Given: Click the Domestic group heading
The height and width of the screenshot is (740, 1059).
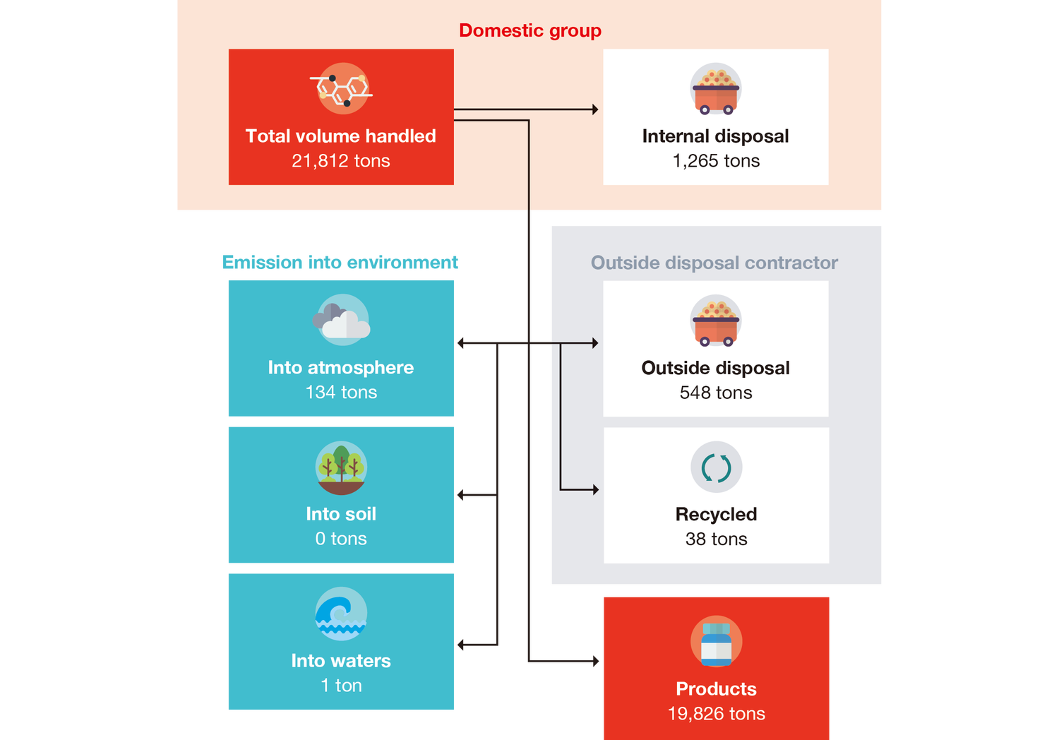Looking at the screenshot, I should click(530, 30).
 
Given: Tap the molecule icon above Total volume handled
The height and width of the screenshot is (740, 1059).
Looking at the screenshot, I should click(342, 88).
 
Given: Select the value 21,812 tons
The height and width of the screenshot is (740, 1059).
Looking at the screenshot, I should click(341, 161).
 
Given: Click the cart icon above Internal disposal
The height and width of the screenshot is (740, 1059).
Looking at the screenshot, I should click(716, 89).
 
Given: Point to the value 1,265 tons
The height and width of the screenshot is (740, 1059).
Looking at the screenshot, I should click(716, 161).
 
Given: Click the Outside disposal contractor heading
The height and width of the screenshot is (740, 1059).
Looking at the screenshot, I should click(714, 263).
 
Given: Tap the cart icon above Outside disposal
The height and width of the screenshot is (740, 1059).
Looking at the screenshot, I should click(716, 321).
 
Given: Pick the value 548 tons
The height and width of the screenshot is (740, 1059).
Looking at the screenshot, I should click(716, 393).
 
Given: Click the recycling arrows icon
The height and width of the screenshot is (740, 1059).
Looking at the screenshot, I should click(716, 467).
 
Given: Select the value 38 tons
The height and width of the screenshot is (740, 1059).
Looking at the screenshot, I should click(716, 539).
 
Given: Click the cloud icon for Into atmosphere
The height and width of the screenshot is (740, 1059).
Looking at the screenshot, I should click(342, 320).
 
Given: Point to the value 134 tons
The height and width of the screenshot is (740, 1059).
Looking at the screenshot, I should click(341, 393).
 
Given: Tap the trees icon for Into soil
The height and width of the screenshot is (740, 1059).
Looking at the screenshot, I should click(341, 467).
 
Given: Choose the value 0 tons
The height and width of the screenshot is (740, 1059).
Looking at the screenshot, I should click(341, 539).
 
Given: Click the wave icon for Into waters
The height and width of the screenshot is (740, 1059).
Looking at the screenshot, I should click(341, 614).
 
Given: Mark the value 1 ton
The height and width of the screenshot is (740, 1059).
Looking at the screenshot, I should click(341, 686).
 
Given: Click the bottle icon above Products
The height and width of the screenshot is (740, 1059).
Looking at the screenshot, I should click(716, 641).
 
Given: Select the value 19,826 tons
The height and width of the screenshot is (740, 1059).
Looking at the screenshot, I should click(716, 714).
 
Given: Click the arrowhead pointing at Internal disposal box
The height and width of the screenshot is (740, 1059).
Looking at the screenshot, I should click(595, 109).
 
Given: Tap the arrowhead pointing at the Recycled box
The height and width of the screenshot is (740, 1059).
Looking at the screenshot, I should click(595, 489).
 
